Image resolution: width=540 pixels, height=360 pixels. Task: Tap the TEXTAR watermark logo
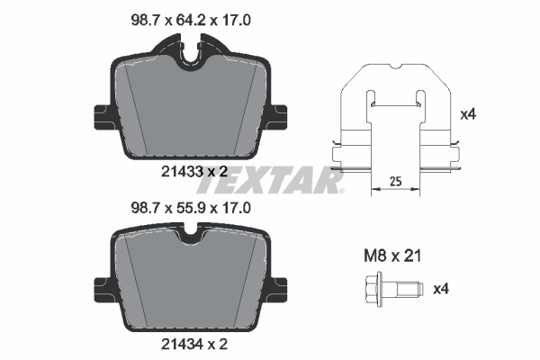[270, 183]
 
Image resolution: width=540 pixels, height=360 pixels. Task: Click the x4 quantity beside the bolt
[442, 290]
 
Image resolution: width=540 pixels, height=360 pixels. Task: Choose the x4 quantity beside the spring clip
[467, 115]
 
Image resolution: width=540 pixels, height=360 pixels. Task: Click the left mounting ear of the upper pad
[101, 115]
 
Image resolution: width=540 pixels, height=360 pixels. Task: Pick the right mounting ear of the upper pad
[278, 115]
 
